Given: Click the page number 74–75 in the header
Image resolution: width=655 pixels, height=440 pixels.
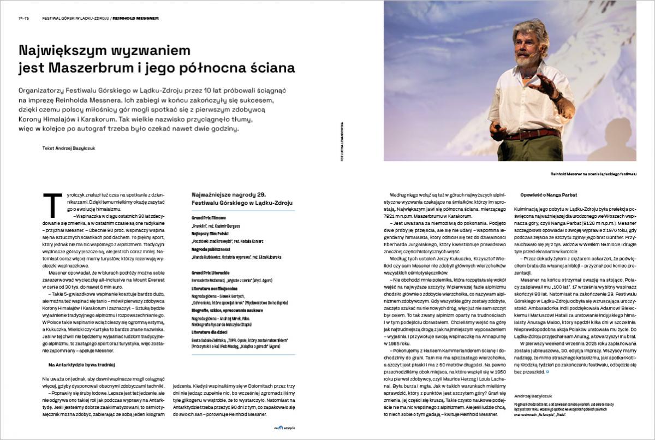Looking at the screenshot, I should click(x=24, y=18).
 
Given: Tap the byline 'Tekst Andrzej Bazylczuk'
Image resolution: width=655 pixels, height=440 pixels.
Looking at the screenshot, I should click(x=68, y=148).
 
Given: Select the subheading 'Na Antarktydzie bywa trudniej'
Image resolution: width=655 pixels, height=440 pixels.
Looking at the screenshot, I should click(x=80, y=364).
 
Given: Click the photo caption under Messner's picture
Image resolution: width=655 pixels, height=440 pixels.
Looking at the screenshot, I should click(x=594, y=174).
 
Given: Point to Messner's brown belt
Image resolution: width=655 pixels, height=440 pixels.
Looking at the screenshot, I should click(x=529, y=134).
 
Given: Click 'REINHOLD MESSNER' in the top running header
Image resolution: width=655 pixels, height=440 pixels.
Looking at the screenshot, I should click(x=136, y=18).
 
